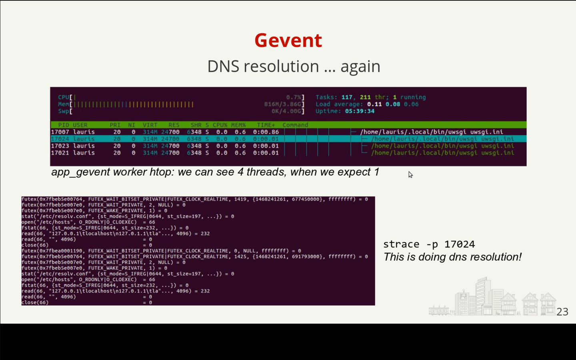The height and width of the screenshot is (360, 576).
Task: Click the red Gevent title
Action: [x=288, y=40]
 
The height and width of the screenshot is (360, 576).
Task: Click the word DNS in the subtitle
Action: [x=223, y=66]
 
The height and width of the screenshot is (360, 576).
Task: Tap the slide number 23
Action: [x=562, y=312]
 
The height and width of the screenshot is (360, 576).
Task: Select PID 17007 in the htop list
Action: [x=60, y=132]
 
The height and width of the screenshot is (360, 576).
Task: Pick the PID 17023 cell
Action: [x=60, y=146]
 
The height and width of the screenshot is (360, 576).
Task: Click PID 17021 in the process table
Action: [x=60, y=153]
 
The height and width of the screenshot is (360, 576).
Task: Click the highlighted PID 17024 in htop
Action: [x=60, y=139]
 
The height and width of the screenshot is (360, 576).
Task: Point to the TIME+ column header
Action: [x=266, y=125]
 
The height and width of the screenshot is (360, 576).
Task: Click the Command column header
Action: [x=295, y=125]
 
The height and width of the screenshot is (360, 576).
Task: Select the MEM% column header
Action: [x=238, y=125]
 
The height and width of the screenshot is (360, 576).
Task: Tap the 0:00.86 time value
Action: [x=266, y=132]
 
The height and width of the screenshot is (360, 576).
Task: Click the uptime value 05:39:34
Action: [x=360, y=111]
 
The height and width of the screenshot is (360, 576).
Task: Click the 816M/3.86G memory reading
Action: [x=283, y=104]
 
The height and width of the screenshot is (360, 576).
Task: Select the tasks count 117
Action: [x=347, y=97]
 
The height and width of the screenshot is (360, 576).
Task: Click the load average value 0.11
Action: [x=374, y=104]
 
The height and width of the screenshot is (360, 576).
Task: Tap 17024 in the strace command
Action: [x=460, y=244]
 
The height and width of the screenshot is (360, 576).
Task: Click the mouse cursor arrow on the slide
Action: [x=410, y=174]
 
